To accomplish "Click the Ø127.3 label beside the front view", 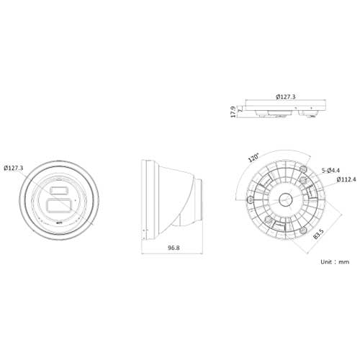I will [x=14, y=168].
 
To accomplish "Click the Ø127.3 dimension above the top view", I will [x=287, y=95].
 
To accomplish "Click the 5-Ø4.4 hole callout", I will [x=331, y=171].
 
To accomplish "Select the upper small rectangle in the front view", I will [x=58, y=190].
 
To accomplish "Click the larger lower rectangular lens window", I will [x=59, y=205].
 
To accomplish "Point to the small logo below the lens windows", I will [x=59, y=224].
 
